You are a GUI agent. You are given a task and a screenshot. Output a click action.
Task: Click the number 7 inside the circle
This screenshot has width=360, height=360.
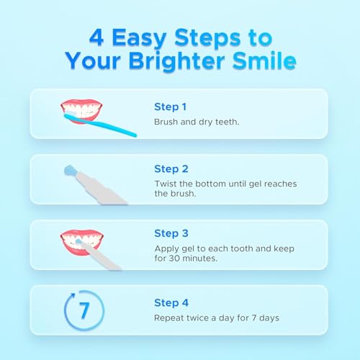[84, 310]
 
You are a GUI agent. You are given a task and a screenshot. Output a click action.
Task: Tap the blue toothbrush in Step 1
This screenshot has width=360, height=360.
[101, 125]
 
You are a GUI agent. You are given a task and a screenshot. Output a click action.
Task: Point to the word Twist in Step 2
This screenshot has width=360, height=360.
[166, 184]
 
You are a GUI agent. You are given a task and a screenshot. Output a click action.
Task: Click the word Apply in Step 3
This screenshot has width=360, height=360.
[166, 247]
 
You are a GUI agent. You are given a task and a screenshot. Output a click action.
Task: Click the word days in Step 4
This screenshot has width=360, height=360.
[267, 317]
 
